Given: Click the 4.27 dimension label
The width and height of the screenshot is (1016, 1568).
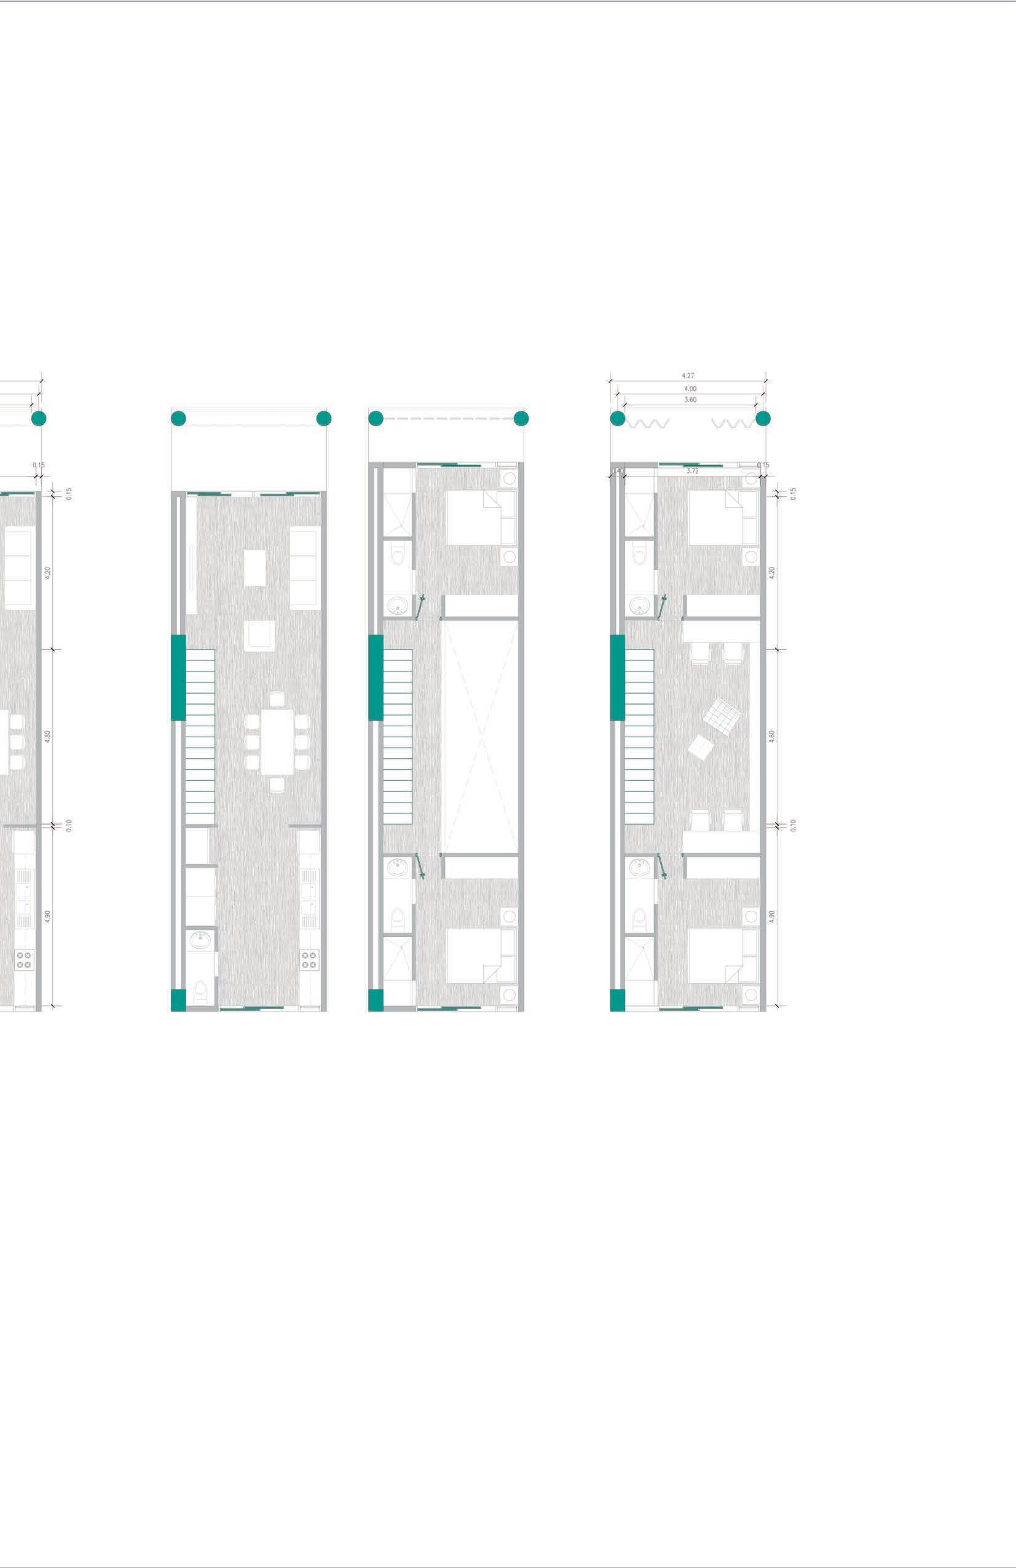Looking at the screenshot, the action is point(687,376).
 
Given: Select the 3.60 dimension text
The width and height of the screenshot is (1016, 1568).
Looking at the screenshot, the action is point(690,400).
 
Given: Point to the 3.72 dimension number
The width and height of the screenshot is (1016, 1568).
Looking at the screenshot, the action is point(692,472).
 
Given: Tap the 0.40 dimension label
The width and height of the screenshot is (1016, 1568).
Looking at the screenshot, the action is point(618,472).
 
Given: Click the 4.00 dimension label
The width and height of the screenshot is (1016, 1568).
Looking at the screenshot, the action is point(690,389).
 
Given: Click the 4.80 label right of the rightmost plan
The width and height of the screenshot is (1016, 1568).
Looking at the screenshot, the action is point(773,737).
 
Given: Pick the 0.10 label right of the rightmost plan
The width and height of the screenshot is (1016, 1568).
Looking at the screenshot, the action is point(793,825).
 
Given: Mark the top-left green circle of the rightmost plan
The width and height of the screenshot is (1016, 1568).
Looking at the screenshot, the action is point(618,418).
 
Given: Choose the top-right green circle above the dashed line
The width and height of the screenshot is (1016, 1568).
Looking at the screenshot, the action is point(521,418).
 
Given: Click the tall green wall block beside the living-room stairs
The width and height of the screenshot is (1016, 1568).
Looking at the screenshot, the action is point(178,677).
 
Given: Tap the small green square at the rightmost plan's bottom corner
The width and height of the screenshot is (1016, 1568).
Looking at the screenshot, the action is point(617,1000).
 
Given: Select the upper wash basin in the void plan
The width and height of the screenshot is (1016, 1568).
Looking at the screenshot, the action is point(397,605).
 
